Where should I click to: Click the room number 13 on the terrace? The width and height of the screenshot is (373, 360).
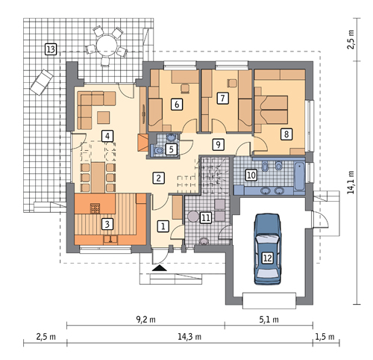tap(51, 49)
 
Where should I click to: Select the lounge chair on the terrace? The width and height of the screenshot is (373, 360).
tap(42, 81)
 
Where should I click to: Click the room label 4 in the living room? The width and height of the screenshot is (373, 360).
tap(107, 136)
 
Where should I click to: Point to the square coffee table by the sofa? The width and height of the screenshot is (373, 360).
tap(103, 117)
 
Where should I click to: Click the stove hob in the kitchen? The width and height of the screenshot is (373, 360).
tap(95, 208)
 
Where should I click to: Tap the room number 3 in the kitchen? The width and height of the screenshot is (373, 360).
tap(107, 224)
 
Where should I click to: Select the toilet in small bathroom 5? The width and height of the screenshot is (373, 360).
tap(157, 150)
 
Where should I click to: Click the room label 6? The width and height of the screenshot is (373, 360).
tap(177, 104)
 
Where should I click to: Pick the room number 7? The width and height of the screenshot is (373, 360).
tap(222, 98)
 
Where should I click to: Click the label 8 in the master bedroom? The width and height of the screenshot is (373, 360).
tap(286, 134)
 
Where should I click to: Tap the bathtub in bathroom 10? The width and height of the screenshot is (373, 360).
tap(299, 176)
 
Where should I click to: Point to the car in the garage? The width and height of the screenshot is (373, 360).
tap(268, 249)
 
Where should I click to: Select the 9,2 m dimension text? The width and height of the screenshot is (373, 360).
tap(145, 320)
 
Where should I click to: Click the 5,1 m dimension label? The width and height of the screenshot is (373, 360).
tap(269, 320)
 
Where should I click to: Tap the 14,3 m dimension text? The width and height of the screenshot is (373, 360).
tap(189, 337)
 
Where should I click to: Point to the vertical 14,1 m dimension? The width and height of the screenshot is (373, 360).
tap(351, 182)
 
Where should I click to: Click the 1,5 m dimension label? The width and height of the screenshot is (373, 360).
tap(325, 337)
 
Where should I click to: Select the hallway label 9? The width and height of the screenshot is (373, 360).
tap(218, 144)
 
